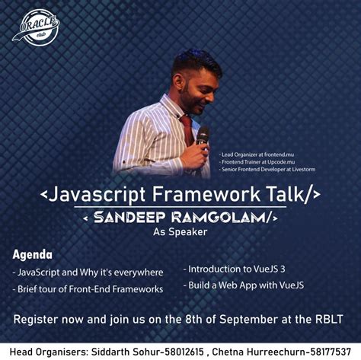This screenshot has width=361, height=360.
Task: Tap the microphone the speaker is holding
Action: click(x=202, y=137)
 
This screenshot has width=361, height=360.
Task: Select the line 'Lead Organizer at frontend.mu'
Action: click(x=254, y=154)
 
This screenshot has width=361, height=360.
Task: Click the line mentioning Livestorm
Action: click(x=266, y=170)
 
